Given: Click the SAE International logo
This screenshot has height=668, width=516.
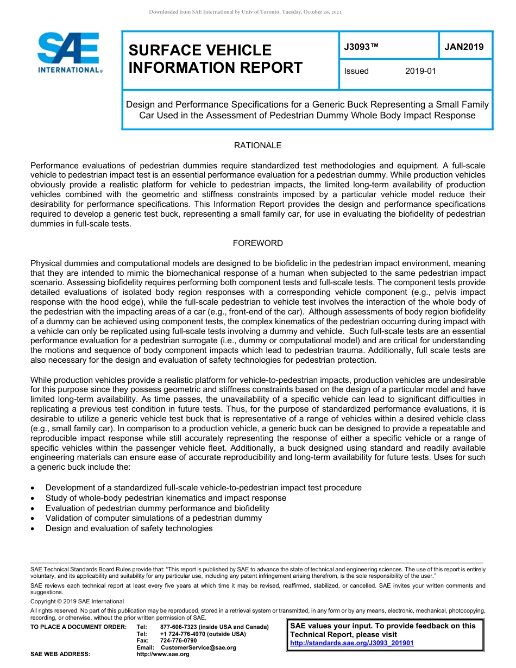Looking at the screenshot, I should click(x=70, y=53).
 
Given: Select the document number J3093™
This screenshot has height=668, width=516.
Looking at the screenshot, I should click(x=361, y=47).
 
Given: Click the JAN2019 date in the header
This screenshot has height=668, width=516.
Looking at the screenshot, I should click(x=464, y=47).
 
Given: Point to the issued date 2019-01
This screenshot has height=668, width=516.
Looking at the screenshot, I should click(x=420, y=71).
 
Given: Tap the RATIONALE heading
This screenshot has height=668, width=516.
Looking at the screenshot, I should click(x=257, y=146).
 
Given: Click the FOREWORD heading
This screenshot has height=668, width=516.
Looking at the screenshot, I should click(x=257, y=243).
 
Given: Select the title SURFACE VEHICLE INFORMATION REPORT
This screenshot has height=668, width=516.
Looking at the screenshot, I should click(x=215, y=59).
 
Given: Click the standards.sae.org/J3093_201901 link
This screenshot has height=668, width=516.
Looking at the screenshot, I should click(x=352, y=643).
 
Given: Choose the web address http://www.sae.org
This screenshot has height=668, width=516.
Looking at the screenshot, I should click(x=163, y=654).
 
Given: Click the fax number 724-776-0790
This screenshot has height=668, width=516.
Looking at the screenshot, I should click(x=178, y=641).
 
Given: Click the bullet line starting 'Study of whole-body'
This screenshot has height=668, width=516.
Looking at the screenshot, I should click(x=166, y=498).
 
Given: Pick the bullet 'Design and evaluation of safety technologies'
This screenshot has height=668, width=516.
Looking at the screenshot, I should click(x=129, y=528).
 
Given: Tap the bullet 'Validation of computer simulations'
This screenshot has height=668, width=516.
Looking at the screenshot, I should click(x=153, y=518).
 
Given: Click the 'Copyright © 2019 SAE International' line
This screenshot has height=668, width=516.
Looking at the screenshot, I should click(x=77, y=602).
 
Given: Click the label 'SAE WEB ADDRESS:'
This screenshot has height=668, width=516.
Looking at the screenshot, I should click(x=60, y=654).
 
